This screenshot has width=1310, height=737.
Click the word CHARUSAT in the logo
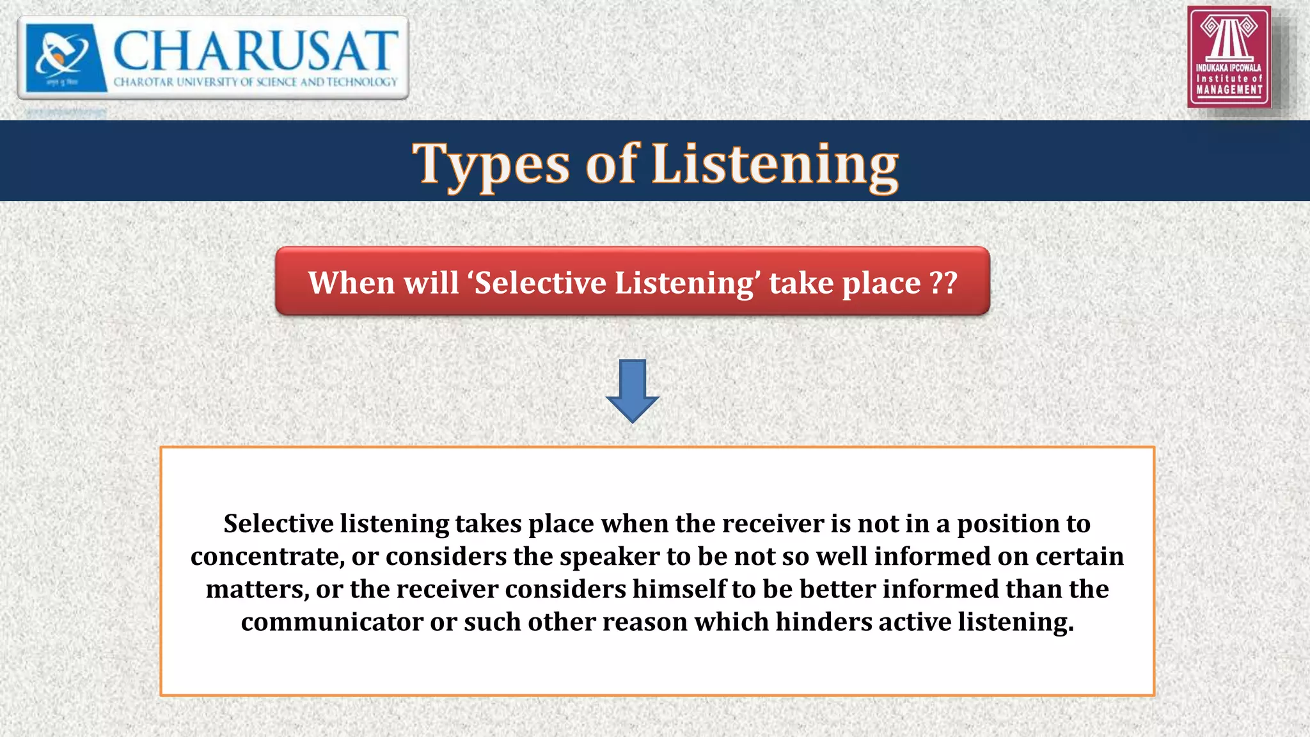255,51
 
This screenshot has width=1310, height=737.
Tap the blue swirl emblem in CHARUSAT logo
63,54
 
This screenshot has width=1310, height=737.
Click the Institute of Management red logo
1228,56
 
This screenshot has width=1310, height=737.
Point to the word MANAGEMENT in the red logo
1229,90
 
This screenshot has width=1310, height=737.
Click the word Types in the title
491,164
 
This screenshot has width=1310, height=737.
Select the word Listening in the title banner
775,164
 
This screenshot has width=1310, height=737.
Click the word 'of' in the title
611,164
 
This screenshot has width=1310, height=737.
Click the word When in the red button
351,282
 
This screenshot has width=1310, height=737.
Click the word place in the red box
881,283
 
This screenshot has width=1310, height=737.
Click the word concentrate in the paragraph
264,557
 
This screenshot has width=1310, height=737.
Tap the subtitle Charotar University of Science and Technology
255,82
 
